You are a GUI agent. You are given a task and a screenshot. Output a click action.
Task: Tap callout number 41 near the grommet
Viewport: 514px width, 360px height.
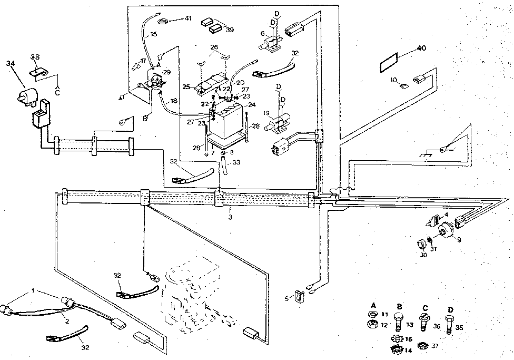pyautogui.click(x=189, y=18)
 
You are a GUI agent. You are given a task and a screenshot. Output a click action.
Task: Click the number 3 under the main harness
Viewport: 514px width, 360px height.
pyautogui.click(x=230, y=217)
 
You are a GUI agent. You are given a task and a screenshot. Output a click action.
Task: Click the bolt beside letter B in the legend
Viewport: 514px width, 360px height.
pyautogui.click(x=400, y=321)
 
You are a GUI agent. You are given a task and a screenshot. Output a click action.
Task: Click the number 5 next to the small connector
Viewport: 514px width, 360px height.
pyautogui.click(x=286, y=298)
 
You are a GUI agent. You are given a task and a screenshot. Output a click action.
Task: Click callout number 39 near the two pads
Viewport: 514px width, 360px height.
pyautogui.click(x=229, y=30)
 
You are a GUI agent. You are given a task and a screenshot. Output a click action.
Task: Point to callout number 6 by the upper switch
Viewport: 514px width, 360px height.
pyautogui.click(x=263, y=34)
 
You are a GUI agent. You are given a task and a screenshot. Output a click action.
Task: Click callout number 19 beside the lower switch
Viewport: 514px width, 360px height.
pyautogui.click(x=267, y=113)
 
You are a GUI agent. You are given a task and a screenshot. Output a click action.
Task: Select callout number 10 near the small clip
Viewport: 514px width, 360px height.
pyautogui.click(x=394, y=80)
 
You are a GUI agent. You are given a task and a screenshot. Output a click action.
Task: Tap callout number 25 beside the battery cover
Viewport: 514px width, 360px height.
pyautogui.click(x=185, y=86)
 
